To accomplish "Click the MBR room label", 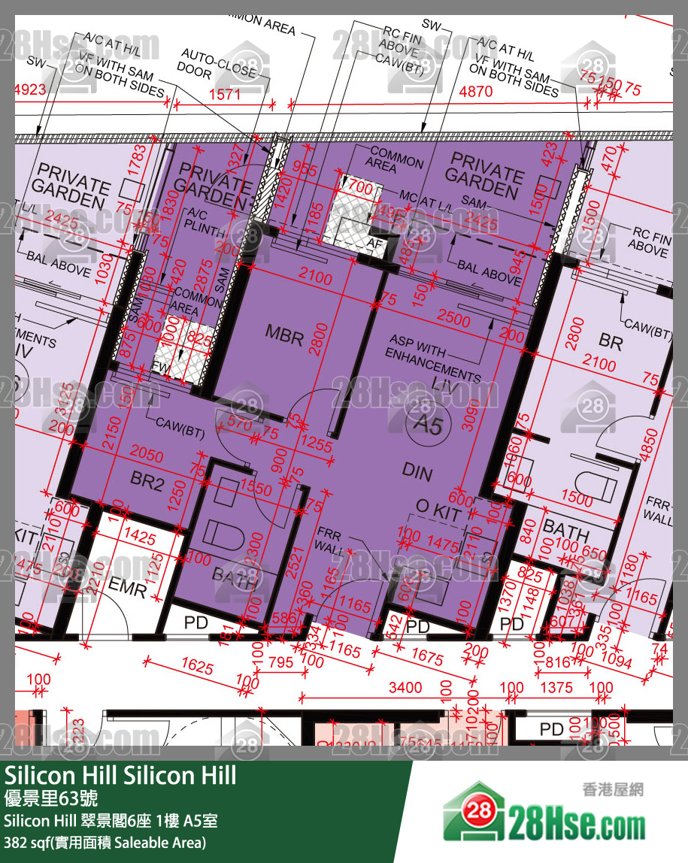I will point(284,336).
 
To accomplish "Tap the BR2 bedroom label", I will point(147,483).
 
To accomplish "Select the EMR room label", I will point(127,589).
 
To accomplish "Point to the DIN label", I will point(417,471).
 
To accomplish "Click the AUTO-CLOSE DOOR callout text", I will point(215,64).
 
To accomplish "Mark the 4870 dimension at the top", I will point(475,92).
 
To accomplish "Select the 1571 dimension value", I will point(225,94).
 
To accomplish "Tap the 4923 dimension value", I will point(30,89).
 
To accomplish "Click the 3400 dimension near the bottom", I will point(405,687).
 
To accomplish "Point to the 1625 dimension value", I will point(198,667).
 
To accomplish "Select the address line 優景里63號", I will point(51,798).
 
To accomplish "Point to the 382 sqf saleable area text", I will point(105,842).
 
